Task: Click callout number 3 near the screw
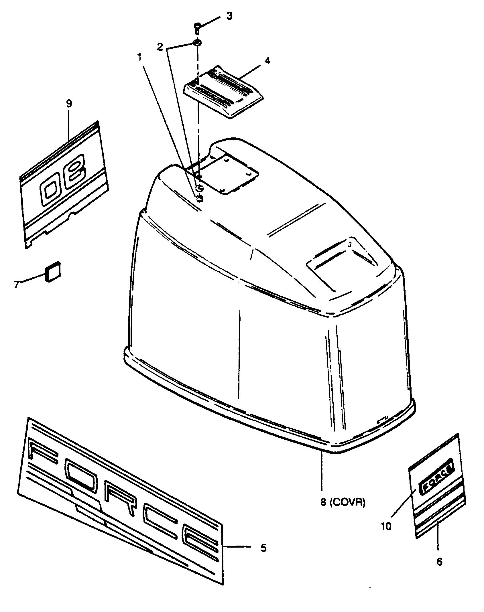229,16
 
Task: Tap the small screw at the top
197,28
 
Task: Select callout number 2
160,47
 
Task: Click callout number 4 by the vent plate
267,61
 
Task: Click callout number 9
69,103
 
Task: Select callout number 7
17,284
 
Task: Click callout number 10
386,526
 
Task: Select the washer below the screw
197,43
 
